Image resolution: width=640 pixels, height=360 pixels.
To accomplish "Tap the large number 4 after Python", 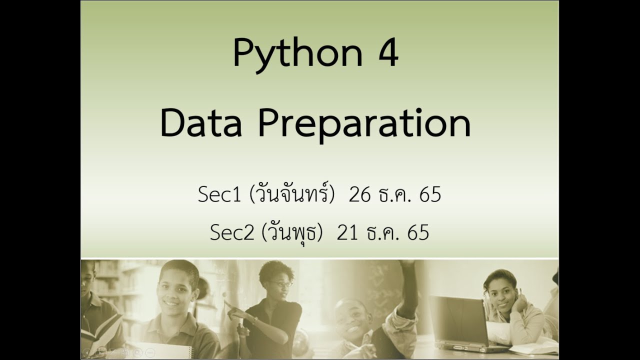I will [x=387, y=53].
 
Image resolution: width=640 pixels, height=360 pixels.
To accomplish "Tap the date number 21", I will [x=347, y=233].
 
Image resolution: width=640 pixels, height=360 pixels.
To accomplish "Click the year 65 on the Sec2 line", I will [x=418, y=233].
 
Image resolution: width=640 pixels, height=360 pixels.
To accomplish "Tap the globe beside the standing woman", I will [x=300, y=345].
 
